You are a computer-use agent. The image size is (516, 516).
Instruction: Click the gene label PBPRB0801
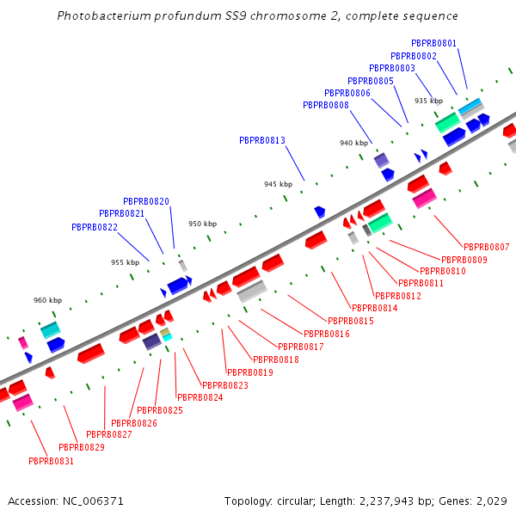point(434,43)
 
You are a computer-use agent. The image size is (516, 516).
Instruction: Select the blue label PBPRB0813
point(262,140)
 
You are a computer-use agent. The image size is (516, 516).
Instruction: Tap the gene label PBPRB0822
point(95,228)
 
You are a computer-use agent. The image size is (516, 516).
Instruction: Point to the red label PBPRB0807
point(487,248)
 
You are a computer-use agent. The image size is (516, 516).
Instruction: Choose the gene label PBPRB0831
point(52,461)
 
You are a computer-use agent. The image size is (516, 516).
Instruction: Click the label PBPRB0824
point(200,397)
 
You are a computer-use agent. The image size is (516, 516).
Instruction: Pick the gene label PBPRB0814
point(375,308)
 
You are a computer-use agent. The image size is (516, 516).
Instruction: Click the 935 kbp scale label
point(428,101)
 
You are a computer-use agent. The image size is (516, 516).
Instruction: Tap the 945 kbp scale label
point(278,184)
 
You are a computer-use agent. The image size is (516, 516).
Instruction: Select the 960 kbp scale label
point(48,300)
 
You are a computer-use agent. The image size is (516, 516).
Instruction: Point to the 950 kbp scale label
point(203,224)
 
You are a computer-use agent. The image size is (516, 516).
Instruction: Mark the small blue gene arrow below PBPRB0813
point(320,211)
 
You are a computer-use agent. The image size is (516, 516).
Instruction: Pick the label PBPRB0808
point(326,105)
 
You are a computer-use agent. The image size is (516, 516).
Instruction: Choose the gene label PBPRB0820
point(146,201)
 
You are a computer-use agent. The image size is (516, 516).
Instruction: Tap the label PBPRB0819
point(250,372)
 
